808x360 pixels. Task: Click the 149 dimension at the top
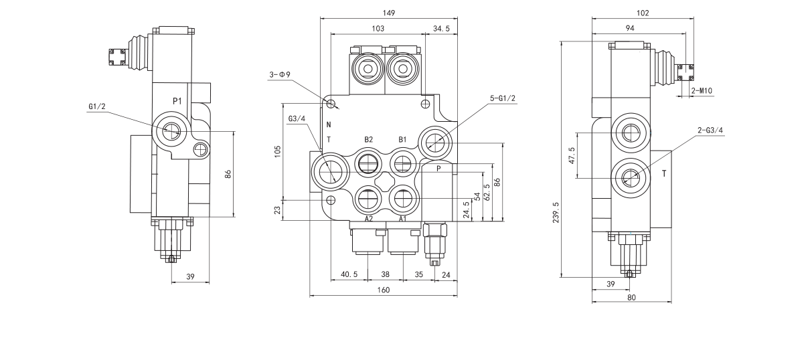point(389,13)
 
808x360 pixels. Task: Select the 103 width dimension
point(378,29)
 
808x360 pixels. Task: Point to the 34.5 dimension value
point(441,29)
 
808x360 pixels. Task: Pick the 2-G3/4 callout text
point(710,130)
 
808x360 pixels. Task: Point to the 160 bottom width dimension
point(384,290)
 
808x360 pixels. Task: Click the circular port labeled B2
point(368,162)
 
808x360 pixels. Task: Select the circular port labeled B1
point(403,162)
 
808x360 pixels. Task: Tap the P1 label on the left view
point(177,100)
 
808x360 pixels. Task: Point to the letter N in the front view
point(329,125)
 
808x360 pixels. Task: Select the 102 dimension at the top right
point(643,13)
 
